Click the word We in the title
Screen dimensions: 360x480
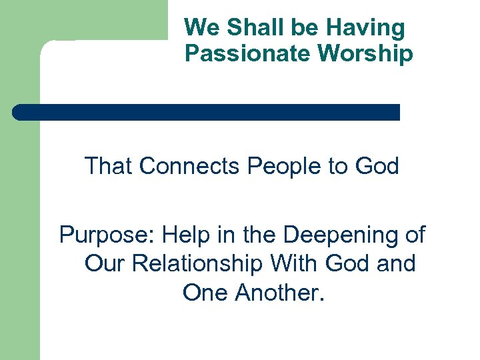pyautogui.click(x=201, y=28)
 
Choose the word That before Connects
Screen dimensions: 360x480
pyautogui.click(x=109, y=165)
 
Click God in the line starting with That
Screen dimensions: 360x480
pyautogui.click(x=376, y=165)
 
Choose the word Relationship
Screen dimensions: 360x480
pyautogui.click(x=197, y=263)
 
